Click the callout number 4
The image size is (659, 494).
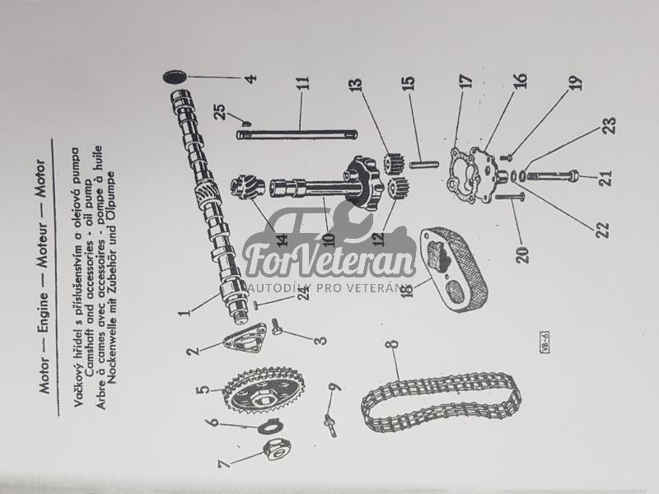(250, 78)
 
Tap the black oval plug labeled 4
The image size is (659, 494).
(174, 77)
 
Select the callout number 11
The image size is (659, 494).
(304, 83)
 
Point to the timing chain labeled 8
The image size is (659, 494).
(442, 403)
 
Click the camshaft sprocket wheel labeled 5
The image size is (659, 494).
(264, 390)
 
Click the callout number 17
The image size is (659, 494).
(466, 81)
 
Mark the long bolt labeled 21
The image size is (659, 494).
(551, 175)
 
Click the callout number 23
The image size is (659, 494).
(610, 125)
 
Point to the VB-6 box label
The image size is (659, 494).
(544, 342)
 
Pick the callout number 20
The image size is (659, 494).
(522, 255)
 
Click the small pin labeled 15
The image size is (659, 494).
(424, 164)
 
